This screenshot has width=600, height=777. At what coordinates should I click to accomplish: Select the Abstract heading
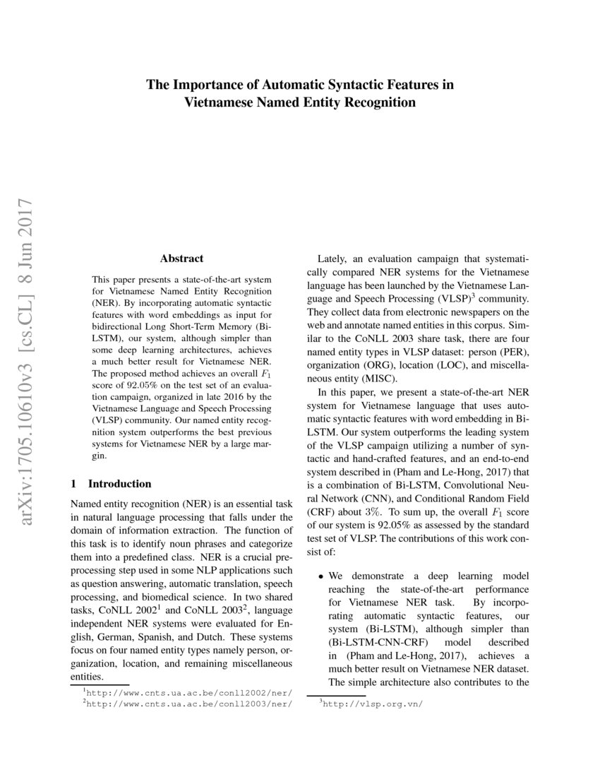[x=181, y=259]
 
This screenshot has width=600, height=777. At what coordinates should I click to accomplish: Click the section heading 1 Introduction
[x=112, y=484]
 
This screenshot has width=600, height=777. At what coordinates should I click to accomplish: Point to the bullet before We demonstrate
[x=321, y=577]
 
